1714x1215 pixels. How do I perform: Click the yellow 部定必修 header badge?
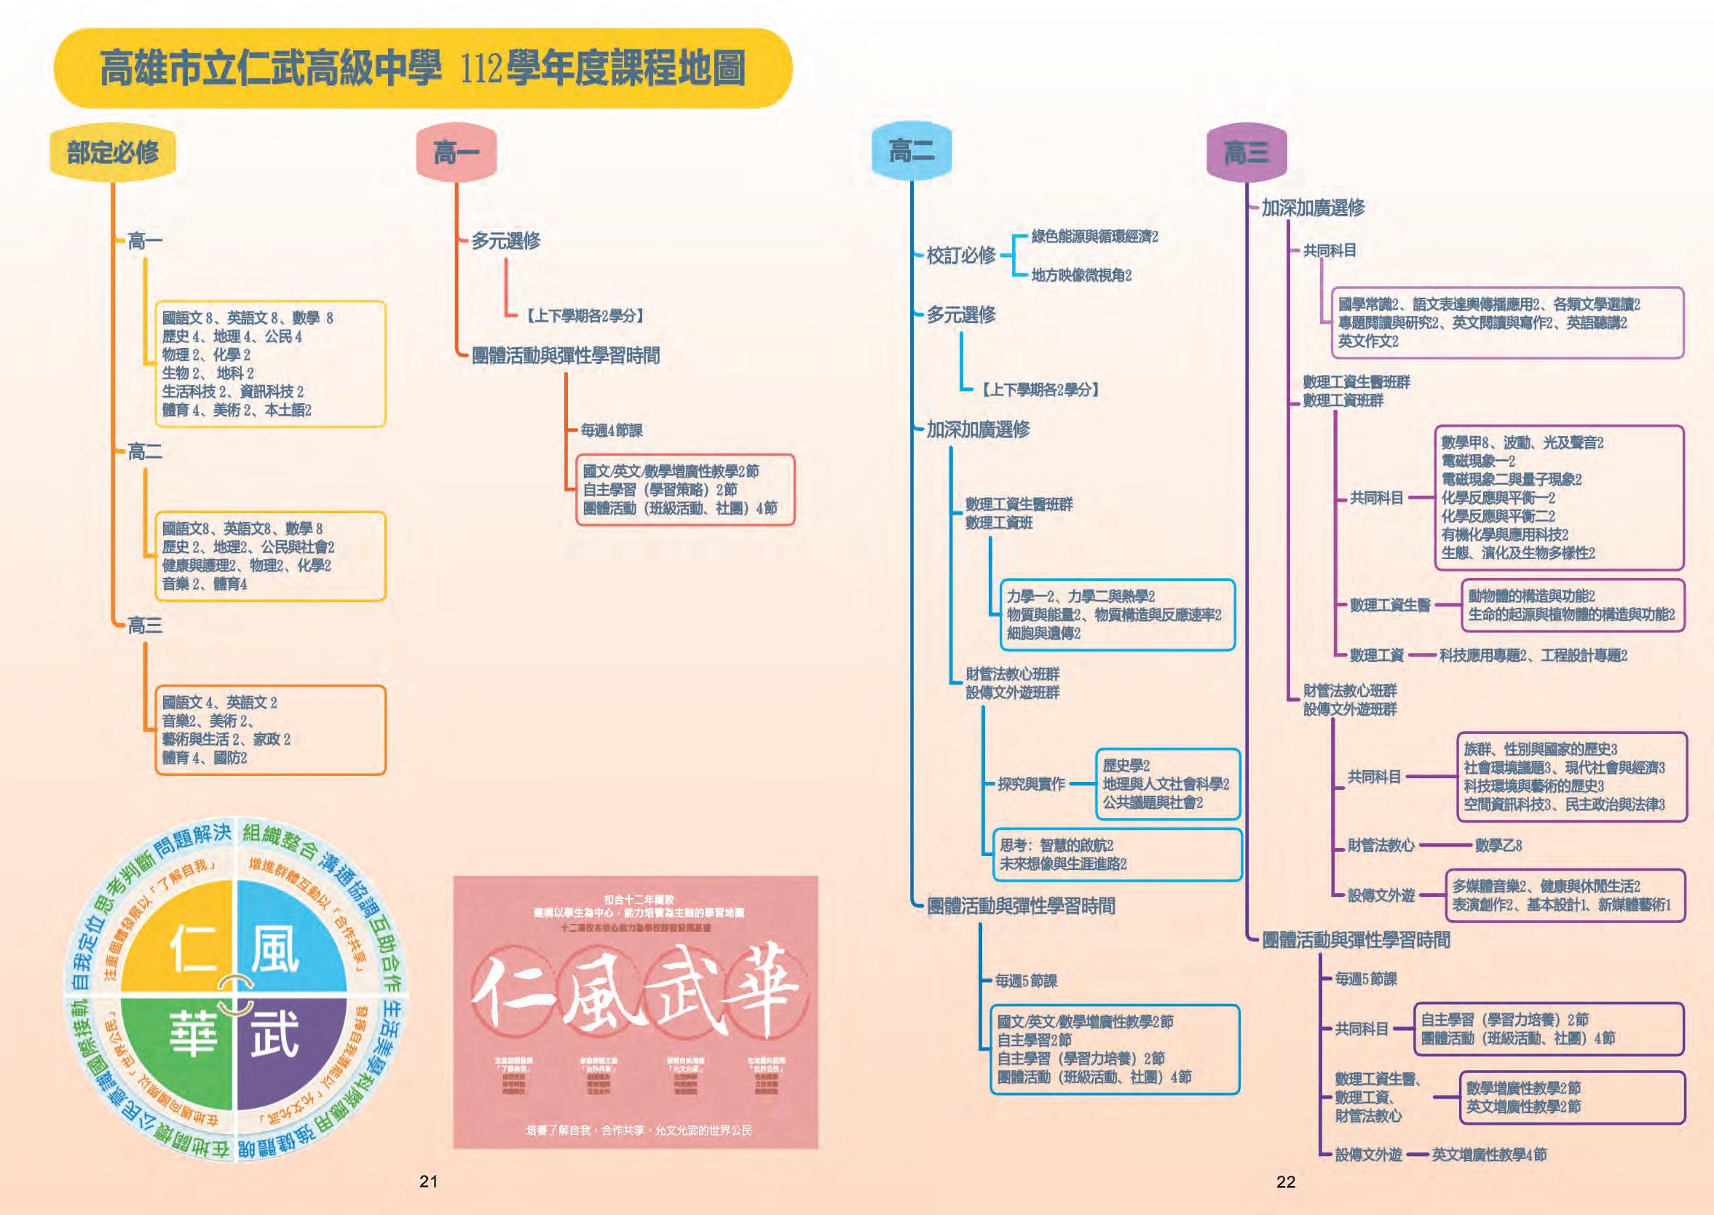[112, 154]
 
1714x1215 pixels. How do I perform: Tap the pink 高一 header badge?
[457, 154]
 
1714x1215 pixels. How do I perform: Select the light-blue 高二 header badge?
[910, 152]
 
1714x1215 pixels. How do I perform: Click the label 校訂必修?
[960, 256]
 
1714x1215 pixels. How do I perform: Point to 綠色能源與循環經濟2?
[1094, 237]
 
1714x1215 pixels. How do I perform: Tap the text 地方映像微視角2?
[1081, 275]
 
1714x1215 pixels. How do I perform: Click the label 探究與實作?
[1031, 784]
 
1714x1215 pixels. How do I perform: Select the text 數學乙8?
[1498, 845]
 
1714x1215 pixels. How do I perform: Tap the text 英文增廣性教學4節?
[1489, 1155]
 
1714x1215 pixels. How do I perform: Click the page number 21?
[428, 1182]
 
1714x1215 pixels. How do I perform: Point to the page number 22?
[1285, 1182]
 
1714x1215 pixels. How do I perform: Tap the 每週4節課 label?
[611, 430]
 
